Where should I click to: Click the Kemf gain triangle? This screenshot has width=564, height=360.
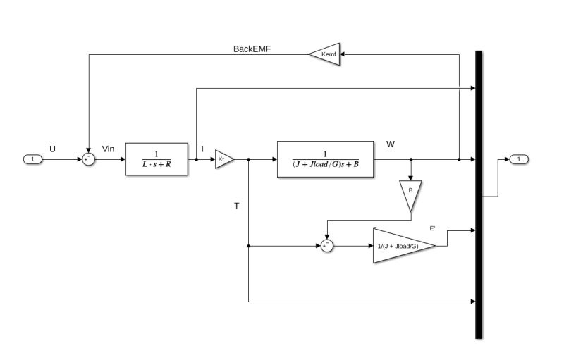(x=325, y=54)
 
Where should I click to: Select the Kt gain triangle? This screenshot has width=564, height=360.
(x=223, y=159)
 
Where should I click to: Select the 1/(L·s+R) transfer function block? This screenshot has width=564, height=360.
(x=157, y=159)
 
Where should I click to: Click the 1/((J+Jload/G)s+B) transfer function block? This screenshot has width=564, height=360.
(x=326, y=159)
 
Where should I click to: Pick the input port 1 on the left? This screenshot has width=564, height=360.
(x=33, y=159)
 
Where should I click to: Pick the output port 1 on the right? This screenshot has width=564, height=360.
(x=519, y=159)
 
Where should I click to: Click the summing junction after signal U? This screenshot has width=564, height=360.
(x=89, y=159)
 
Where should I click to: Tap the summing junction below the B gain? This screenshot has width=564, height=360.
(x=326, y=246)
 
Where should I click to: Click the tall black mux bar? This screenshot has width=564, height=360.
(x=479, y=194)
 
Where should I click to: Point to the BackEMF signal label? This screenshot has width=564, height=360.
(x=252, y=49)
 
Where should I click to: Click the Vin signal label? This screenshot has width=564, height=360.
(x=109, y=149)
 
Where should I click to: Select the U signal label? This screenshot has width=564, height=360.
(x=52, y=148)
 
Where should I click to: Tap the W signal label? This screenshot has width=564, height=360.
(x=391, y=144)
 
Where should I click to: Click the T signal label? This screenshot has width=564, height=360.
(x=237, y=206)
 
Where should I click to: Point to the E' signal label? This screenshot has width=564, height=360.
(x=432, y=228)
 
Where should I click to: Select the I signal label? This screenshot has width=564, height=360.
(x=202, y=149)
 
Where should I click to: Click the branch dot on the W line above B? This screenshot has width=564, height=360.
(x=410, y=159)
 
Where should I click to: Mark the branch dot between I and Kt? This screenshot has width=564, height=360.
(x=196, y=159)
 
